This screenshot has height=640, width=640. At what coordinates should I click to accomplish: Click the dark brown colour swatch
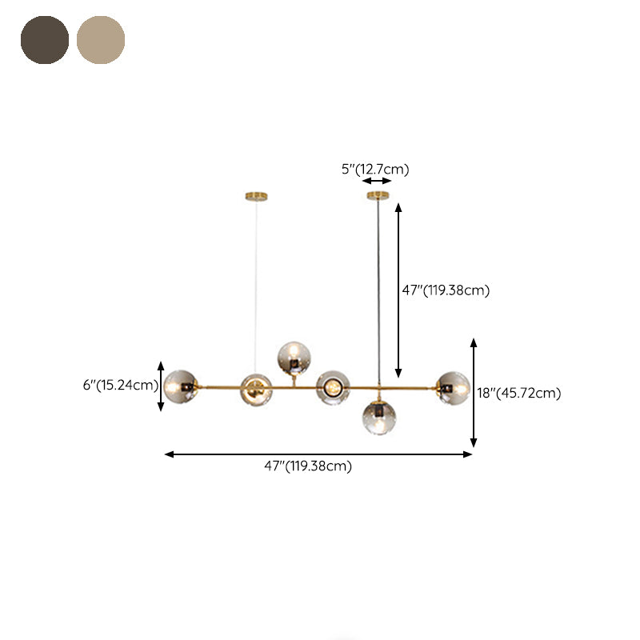[x=45, y=39]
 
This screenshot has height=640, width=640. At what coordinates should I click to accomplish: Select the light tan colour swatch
[x=101, y=39]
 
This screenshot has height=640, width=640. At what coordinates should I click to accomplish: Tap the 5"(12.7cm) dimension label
[x=375, y=169]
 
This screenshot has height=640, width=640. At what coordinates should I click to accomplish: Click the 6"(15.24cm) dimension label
[x=121, y=385]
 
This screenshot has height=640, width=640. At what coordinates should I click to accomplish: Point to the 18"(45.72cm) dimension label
[x=519, y=393]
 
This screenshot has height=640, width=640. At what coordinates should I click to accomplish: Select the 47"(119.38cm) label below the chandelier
[x=308, y=466]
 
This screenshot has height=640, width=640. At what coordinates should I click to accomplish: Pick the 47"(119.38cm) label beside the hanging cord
[x=446, y=290]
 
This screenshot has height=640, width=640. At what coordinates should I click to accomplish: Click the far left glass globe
[x=180, y=387]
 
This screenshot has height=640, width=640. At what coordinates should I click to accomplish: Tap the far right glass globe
[x=453, y=388]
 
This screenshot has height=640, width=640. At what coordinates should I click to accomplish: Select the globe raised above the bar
[x=294, y=358]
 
